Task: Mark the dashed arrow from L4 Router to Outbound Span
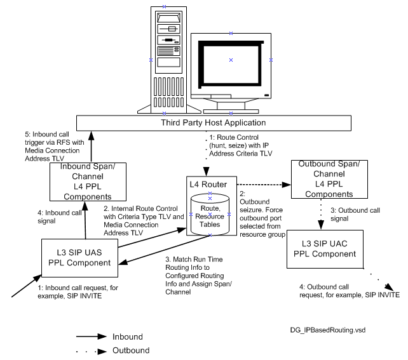tap(261, 185)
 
